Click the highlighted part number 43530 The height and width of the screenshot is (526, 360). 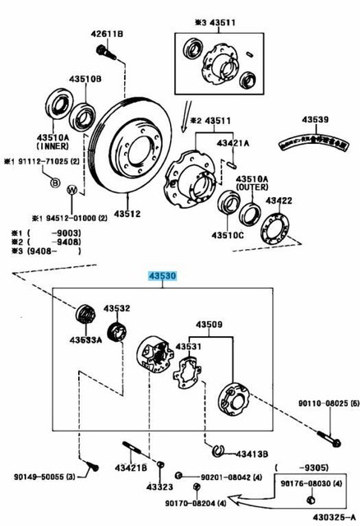[162, 279]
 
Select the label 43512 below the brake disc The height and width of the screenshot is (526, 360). [127, 214]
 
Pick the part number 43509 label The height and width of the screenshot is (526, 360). [208, 324]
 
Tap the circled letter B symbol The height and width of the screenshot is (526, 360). [55, 182]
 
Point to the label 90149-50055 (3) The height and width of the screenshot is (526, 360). [39, 477]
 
